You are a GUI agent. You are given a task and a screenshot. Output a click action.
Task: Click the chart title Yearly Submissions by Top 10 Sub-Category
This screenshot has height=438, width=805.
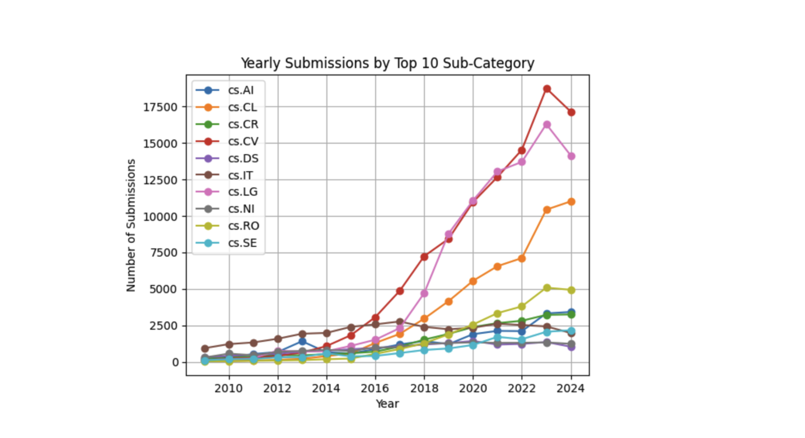point(387,63)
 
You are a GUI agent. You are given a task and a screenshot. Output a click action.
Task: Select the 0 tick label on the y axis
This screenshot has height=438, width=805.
point(175,362)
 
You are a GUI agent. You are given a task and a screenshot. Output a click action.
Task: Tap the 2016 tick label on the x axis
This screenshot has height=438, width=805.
point(375,388)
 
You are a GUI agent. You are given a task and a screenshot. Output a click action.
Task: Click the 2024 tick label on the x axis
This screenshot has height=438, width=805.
point(571,388)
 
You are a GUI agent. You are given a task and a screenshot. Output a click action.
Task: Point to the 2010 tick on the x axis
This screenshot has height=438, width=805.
point(228,388)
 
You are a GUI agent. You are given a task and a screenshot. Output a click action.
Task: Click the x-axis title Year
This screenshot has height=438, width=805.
point(387,403)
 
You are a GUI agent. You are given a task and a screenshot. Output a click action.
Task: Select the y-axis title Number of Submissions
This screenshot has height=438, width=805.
point(131,225)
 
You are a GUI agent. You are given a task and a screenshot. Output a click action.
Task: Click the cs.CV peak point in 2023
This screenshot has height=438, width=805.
point(547,88)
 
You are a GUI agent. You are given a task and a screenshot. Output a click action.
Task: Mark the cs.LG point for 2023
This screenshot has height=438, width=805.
point(547,124)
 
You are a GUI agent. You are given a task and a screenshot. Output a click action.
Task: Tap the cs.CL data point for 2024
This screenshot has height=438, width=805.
point(571,201)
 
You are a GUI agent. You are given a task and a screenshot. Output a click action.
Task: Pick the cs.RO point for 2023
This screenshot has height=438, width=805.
point(547,288)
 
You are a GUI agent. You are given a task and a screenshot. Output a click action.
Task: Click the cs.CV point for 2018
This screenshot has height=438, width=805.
point(424,257)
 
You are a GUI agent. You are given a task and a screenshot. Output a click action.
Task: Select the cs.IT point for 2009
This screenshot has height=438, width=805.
point(205,348)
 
